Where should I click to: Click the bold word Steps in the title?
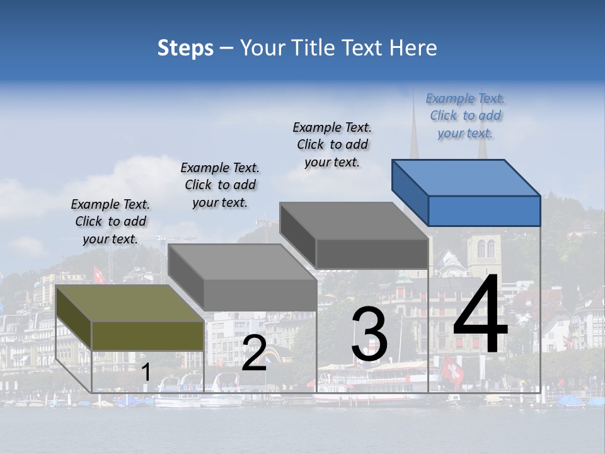pyautogui.click(x=185, y=48)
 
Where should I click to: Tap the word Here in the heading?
pyautogui.click(x=414, y=48)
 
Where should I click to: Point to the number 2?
pyautogui.click(x=254, y=353)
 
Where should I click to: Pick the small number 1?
pyautogui.click(x=146, y=372)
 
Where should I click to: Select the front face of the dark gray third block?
pyautogui.click(x=372, y=253)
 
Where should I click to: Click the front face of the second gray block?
pyautogui.click(x=260, y=295)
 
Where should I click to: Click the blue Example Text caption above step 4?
pyautogui.click(x=465, y=116)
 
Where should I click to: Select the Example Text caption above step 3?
pyautogui.click(x=332, y=144)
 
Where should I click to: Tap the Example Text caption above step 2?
pyautogui.click(x=220, y=185)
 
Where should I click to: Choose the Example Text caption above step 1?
pyautogui.click(x=110, y=221)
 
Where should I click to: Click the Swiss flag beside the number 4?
pyautogui.click(x=452, y=370)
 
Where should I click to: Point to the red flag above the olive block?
pyautogui.click(x=99, y=275)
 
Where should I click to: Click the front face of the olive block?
pyautogui.click(x=147, y=335)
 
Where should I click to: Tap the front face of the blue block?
pyautogui.click(x=484, y=211)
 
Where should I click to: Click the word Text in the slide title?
pyautogui.click(x=362, y=48)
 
